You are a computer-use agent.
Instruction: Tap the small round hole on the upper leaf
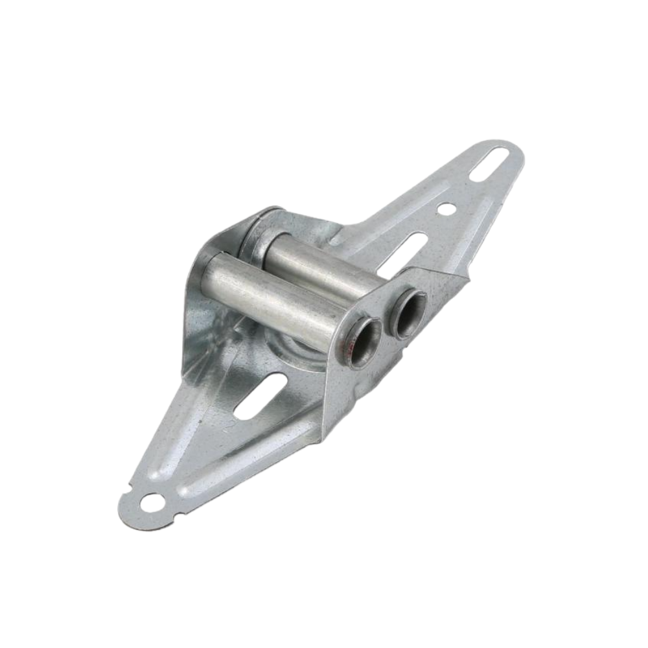[446, 209]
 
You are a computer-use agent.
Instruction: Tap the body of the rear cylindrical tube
[318, 262]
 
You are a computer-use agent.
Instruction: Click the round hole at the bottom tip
[153, 502]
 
